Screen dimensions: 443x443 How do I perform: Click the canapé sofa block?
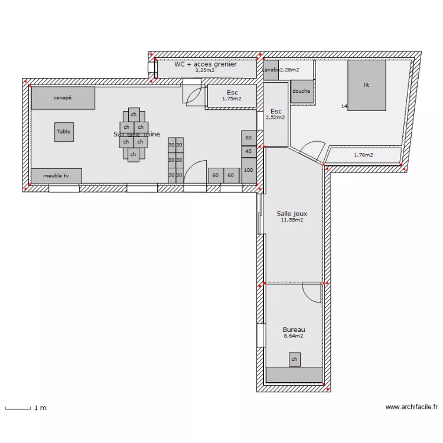click(63, 98)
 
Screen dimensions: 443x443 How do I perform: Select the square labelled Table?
click(64, 132)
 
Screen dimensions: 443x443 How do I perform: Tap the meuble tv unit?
click(56, 176)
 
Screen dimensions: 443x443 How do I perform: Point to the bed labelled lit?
click(366, 85)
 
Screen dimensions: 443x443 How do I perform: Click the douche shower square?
click(301, 92)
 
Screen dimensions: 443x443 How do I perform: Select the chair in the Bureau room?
click(294, 359)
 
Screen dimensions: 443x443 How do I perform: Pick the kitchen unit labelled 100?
click(249, 171)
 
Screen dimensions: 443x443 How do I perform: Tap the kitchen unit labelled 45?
click(249, 152)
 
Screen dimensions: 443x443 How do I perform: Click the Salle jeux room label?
click(292, 214)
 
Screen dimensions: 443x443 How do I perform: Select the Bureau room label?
click(294, 330)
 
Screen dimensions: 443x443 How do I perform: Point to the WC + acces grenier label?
click(206, 64)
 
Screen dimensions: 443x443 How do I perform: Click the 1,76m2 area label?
click(363, 155)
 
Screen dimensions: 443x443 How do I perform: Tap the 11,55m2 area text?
click(292, 220)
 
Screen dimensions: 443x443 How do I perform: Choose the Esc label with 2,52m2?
click(276, 111)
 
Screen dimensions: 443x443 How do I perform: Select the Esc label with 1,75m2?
click(232, 93)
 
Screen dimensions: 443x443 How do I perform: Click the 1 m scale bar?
click(18, 408)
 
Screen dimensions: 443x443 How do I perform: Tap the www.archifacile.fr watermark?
click(412, 407)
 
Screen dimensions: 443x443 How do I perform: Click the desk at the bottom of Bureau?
click(294, 374)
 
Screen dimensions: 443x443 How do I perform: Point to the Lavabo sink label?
click(271, 70)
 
